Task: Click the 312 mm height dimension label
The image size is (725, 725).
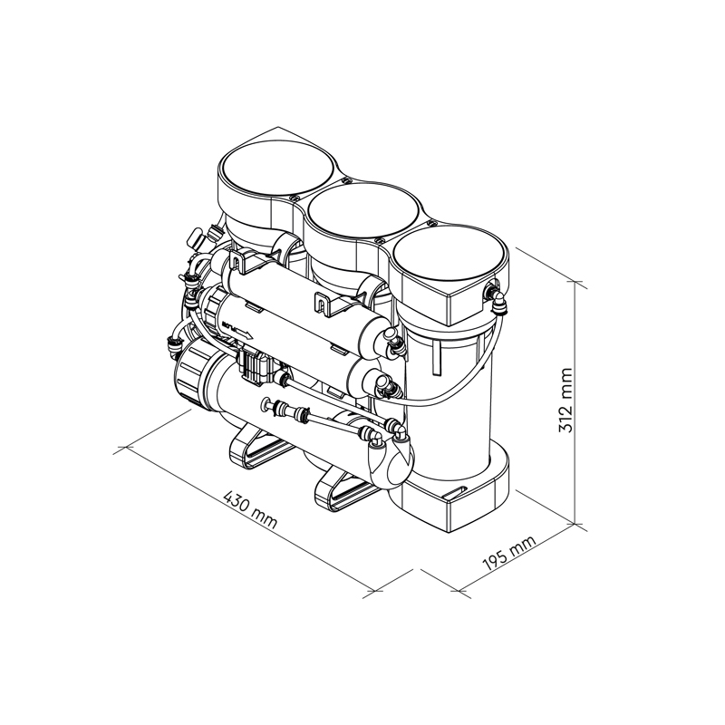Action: coord(565,400)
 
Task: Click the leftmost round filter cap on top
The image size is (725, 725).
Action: coord(276,168)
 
